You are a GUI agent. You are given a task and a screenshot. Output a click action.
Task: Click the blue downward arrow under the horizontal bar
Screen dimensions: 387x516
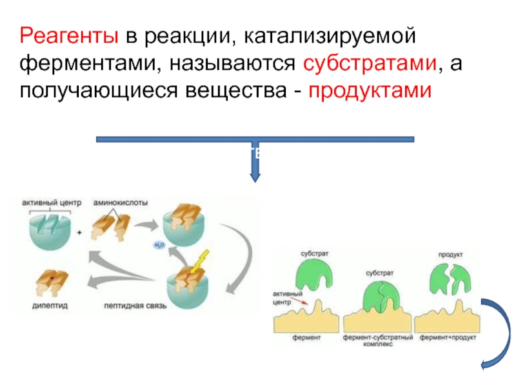coord(255,165)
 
